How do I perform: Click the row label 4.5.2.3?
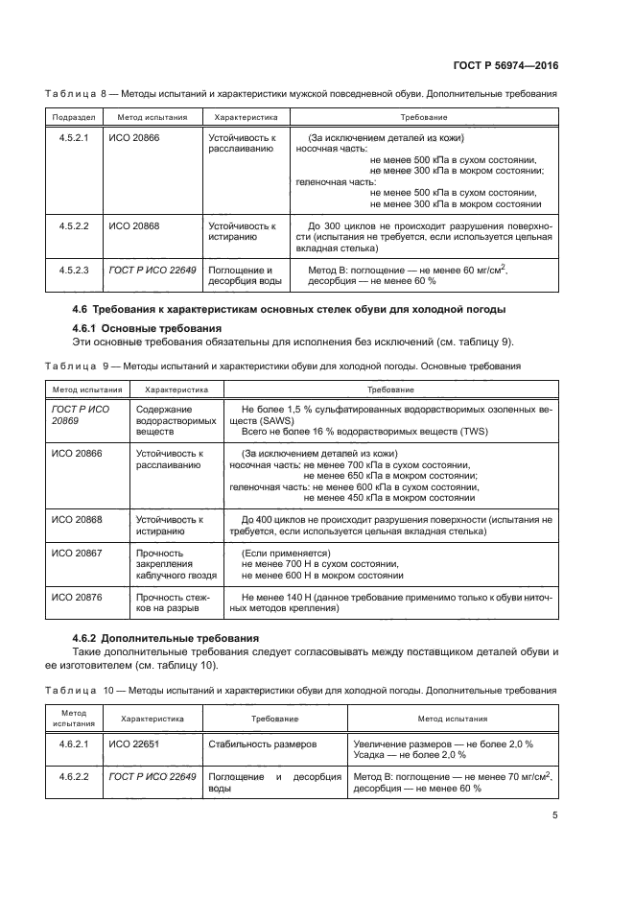point(74,271)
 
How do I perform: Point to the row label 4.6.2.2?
point(74,776)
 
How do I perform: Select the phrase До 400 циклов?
point(275,519)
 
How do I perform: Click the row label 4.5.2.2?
point(74,226)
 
